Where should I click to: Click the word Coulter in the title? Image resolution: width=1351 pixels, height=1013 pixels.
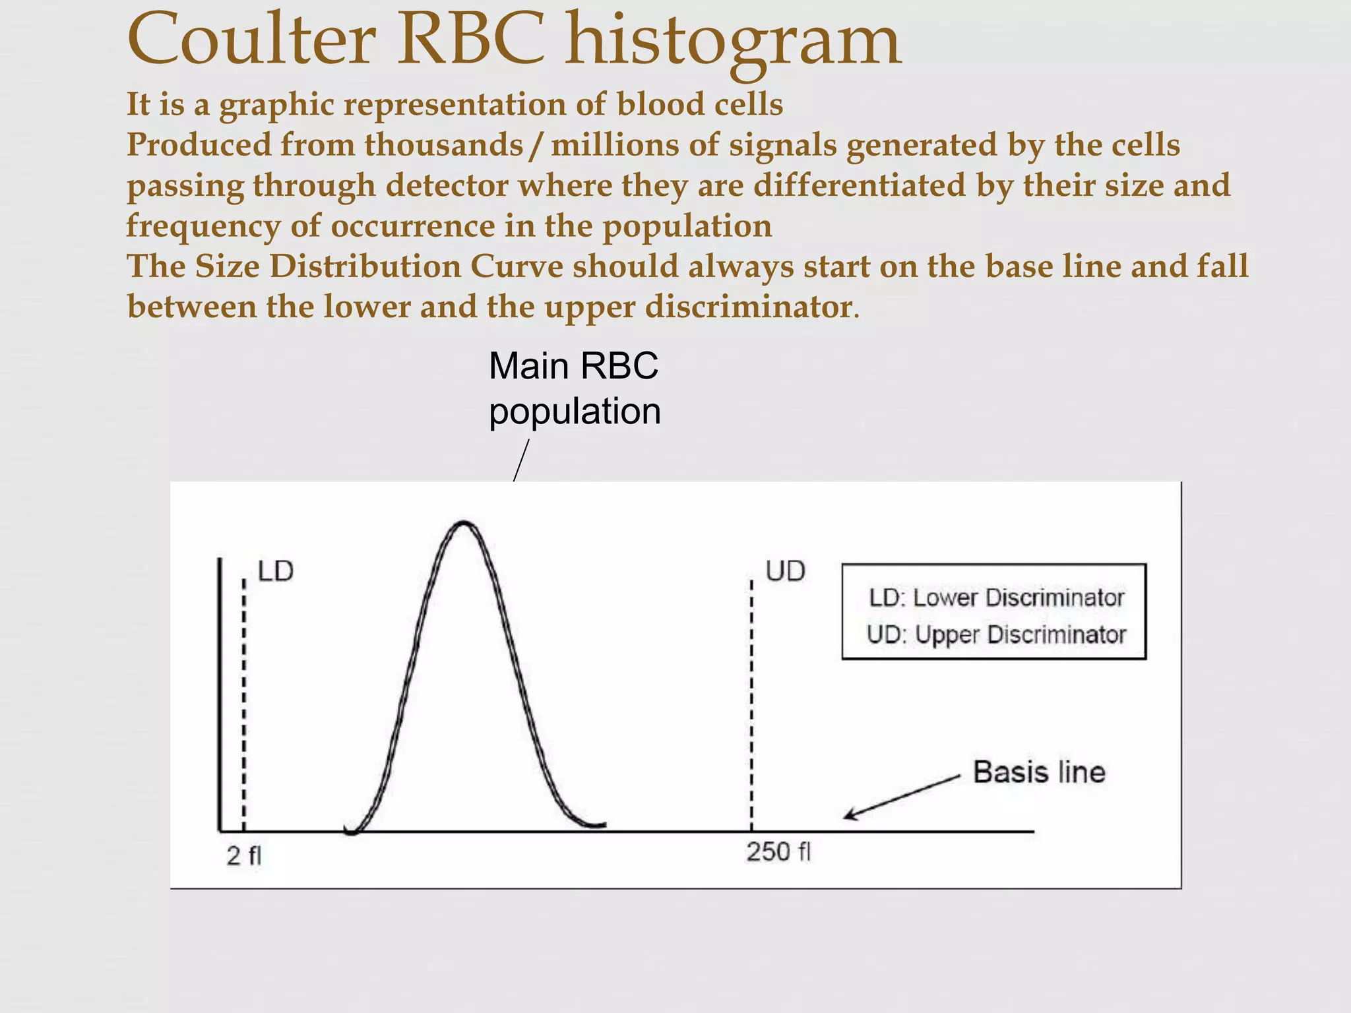[x=251, y=41]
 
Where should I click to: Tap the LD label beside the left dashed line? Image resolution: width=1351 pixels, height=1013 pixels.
[x=276, y=571]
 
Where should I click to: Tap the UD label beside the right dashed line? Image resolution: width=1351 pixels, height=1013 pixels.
[x=785, y=571]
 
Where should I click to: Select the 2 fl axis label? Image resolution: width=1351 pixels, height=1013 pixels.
[x=243, y=856]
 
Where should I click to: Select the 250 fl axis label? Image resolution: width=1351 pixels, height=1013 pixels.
[x=778, y=852]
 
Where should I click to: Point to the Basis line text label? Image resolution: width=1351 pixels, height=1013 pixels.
[x=1039, y=772]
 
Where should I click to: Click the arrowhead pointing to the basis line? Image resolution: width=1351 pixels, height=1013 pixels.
[x=849, y=816]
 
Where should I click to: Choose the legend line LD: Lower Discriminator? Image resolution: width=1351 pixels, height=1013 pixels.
[x=996, y=598]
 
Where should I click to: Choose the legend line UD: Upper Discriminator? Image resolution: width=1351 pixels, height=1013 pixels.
[x=996, y=634]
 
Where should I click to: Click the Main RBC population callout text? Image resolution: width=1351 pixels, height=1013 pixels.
[x=574, y=388]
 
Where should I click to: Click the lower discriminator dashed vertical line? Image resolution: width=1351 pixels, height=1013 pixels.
[x=244, y=699]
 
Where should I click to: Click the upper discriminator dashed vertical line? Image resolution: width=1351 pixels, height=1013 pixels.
[x=751, y=699]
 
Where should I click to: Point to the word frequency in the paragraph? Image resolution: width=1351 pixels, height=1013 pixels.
[x=203, y=226]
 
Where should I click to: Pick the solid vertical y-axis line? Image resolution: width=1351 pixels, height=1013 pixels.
[x=219, y=692]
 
